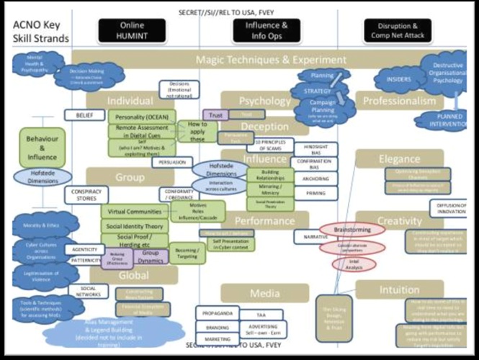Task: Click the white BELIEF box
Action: pyautogui.click(x=80, y=114)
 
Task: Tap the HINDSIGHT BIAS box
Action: pyautogui.click(x=311, y=147)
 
